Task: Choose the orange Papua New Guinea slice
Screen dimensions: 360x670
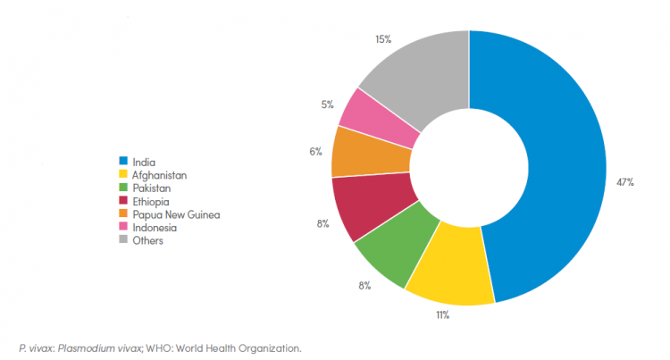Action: click(x=358, y=153)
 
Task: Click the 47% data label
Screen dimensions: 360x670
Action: click(x=625, y=182)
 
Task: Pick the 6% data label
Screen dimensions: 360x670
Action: click(x=315, y=151)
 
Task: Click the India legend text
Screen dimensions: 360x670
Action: click(x=143, y=163)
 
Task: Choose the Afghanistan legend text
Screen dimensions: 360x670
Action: click(x=157, y=175)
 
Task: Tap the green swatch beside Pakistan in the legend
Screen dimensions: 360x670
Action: click(x=123, y=188)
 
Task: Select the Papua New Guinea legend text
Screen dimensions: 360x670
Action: click(x=174, y=214)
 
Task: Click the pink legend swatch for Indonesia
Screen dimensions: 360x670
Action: click(x=123, y=228)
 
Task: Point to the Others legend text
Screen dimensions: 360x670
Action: click(x=147, y=240)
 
